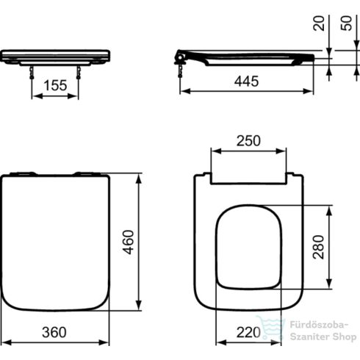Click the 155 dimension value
point(54,86)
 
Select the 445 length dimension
point(247,82)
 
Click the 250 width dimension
point(248,141)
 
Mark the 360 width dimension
point(55,333)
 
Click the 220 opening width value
point(248,333)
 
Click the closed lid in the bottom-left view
point(55,242)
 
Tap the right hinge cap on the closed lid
point(87,174)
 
